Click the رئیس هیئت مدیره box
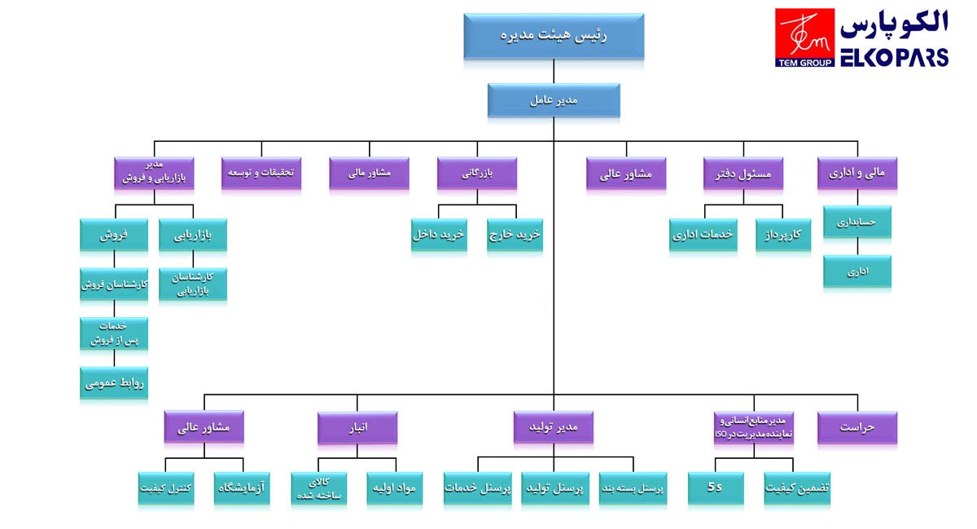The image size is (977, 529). point(554,36)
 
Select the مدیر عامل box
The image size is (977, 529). point(554,100)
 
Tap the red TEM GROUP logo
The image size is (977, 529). point(804,37)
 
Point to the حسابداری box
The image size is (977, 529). point(857,221)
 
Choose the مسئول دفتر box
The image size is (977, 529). point(743,173)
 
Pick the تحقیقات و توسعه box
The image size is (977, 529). point(261,173)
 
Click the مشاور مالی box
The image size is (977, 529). point(369,173)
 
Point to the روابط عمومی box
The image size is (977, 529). point(114,381)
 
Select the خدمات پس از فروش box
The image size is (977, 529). point(114,332)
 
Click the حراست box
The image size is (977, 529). point(857,427)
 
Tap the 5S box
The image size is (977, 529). point(715,487)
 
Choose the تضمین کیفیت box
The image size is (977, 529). point(797,487)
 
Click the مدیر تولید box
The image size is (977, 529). point(554,427)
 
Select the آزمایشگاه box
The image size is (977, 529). point(242,487)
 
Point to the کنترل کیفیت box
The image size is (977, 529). point(166,487)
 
